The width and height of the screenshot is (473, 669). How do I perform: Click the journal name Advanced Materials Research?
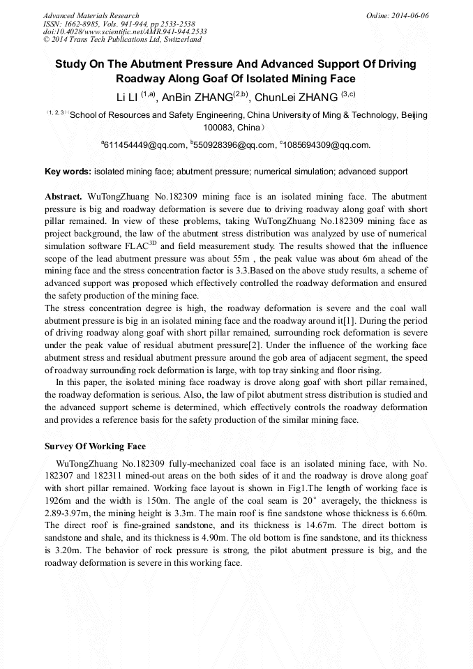click(91, 15)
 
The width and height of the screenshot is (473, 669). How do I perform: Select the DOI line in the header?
click(125, 31)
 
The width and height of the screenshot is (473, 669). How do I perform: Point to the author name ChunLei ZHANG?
click(296, 97)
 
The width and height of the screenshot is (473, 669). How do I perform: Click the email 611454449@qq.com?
click(144, 145)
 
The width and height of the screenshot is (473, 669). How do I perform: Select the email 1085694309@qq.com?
click(325, 145)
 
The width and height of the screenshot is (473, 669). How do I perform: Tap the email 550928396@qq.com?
click(233, 145)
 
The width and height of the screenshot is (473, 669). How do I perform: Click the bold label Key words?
click(68, 171)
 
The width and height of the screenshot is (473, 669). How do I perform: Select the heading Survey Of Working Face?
click(95, 446)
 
